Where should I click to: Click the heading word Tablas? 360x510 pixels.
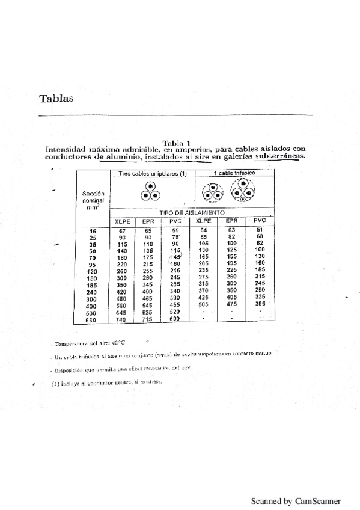(56, 99)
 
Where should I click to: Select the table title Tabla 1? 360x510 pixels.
(185, 143)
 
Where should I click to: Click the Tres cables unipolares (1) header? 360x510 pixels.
(153, 174)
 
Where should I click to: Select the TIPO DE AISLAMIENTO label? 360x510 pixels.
(192, 213)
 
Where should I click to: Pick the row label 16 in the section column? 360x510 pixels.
(93, 231)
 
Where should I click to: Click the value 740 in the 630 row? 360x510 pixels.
(121, 319)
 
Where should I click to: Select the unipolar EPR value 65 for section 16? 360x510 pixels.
(148, 231)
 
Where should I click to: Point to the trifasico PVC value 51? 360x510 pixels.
(260, 230)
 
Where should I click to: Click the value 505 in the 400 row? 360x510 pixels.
(204, 305)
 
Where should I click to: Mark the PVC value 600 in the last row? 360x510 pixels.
(175, 319)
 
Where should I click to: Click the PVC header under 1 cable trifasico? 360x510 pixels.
(260, 221)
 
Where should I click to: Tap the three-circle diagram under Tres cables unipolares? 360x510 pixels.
(149, 191)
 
